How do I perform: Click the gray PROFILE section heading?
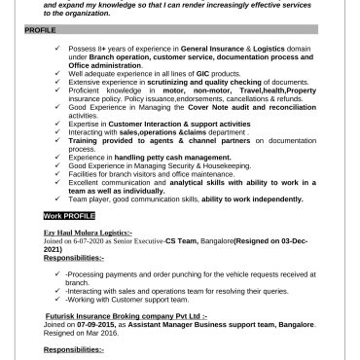pos(41,31)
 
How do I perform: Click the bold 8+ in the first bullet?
pos(101,47)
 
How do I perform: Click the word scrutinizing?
pos(181,81)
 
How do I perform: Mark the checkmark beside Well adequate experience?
pos(59,74)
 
